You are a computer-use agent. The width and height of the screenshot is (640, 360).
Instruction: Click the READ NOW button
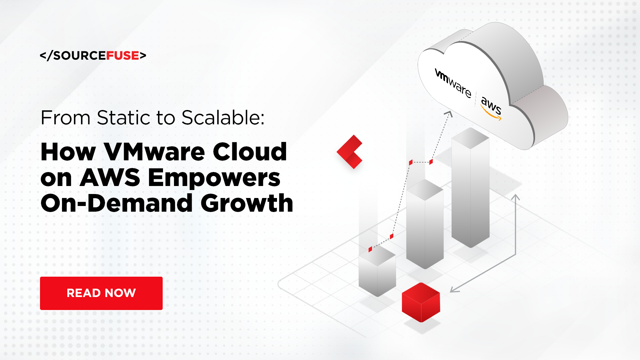click(101, 293)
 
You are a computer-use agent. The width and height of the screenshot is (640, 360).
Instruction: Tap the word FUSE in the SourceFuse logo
click(122, 56)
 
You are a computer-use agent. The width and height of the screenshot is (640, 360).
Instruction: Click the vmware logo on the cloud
click(453, 83)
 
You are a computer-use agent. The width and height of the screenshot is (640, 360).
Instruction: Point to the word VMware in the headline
click(154, 152)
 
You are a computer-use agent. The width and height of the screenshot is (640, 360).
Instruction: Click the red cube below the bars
click(421, 302)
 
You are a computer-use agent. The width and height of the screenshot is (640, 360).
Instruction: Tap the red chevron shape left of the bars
click(350, 152)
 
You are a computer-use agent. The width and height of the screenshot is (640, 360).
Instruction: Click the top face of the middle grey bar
click(425, 190)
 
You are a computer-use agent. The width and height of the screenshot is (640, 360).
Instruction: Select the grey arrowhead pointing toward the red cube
click(454, 289)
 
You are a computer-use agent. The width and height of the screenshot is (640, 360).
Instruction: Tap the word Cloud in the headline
click(250, 152)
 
